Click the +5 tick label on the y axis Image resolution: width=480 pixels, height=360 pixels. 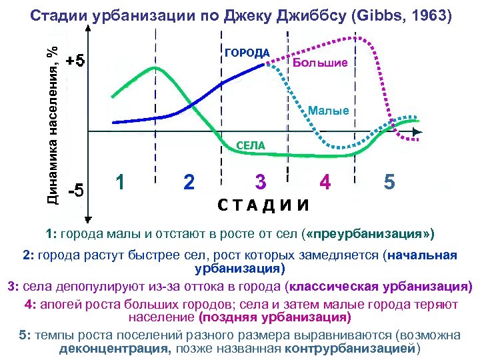click(x=75, y=62)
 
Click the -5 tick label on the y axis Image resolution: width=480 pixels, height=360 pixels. click(x=75, y=190)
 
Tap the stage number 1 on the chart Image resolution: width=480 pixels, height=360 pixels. click(x=121, y=181)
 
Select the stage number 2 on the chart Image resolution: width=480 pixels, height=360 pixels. click(x=189, y=181)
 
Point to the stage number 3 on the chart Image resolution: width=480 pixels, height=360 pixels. click(x=261, y=181)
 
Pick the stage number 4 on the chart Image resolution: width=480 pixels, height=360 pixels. click(x=325, y=181)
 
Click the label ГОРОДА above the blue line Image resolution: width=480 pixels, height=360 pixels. click(x=247, y=53)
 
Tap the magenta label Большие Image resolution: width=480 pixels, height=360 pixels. click(x=320, y=63)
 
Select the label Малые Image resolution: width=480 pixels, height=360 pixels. click(x=329, y=111)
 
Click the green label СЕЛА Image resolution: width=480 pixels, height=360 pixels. click(x=251, y=145)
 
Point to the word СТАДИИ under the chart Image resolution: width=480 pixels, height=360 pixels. click(x=264, y=204)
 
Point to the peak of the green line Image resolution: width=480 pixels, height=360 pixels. click(x=155, y=67)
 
